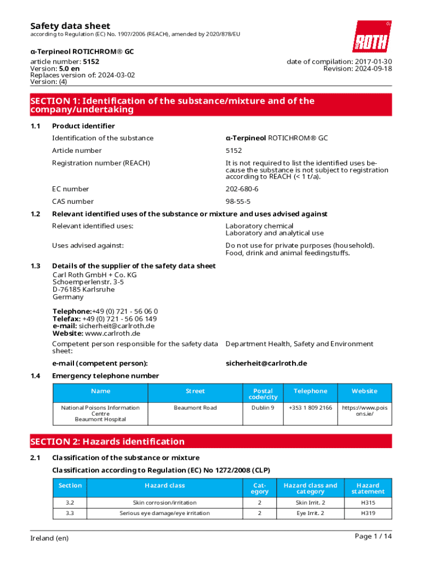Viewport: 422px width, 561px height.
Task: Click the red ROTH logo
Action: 372,37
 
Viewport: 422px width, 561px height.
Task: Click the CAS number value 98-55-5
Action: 238,202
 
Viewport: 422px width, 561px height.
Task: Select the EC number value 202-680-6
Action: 242,189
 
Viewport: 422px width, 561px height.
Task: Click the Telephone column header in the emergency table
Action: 310,391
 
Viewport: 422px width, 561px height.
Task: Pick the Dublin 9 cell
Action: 263,408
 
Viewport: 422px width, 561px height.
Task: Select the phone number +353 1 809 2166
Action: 310,408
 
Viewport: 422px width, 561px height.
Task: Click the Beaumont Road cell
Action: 195,408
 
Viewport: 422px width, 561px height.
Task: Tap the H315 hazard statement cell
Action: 368,503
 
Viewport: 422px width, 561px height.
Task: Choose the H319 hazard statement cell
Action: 368,513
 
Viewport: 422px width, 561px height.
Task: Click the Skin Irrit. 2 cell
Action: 310,503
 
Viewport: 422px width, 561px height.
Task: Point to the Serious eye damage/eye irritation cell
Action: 164,513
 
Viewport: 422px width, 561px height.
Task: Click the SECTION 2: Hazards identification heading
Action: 108,442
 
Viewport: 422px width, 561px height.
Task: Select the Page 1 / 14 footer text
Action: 373,536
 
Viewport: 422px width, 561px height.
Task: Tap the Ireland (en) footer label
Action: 49,539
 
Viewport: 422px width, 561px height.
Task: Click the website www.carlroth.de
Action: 112,333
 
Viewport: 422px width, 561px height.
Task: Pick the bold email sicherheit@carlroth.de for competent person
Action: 266,363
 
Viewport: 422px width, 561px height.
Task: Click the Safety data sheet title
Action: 70,26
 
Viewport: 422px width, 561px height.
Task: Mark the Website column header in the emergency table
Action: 364,391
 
